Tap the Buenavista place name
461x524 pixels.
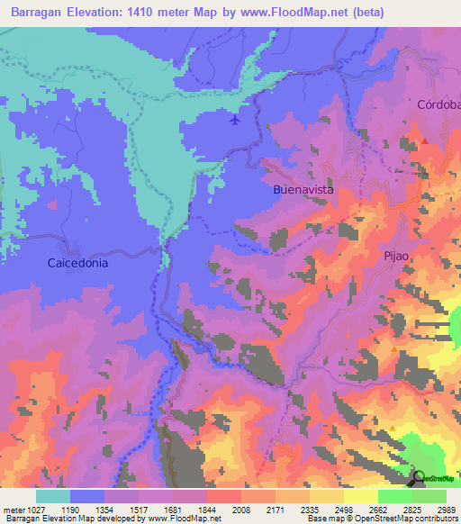303,191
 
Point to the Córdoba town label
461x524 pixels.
438,104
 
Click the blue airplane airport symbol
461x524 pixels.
236,120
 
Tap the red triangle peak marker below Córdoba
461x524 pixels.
425,140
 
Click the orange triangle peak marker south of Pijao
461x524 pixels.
393,348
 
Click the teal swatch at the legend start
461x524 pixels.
52,496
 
